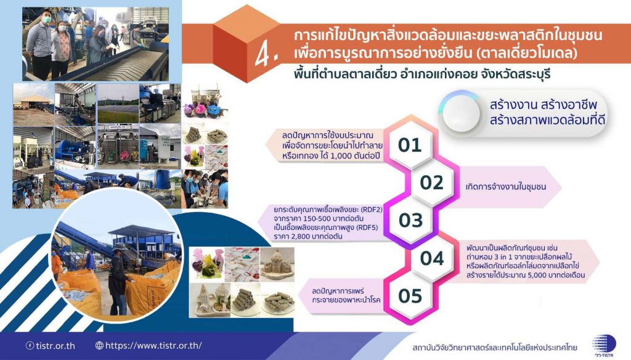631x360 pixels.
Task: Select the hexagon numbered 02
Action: coord(431,183)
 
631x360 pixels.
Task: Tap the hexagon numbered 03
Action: coord(410,221)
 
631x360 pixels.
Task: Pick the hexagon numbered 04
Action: coord(432,258)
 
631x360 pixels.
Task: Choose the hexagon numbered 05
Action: coord(410,297)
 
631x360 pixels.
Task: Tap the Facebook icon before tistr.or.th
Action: coord(30,345)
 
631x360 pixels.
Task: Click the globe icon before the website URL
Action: coord(99,345)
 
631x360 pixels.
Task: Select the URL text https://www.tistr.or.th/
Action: coord(153,345)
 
